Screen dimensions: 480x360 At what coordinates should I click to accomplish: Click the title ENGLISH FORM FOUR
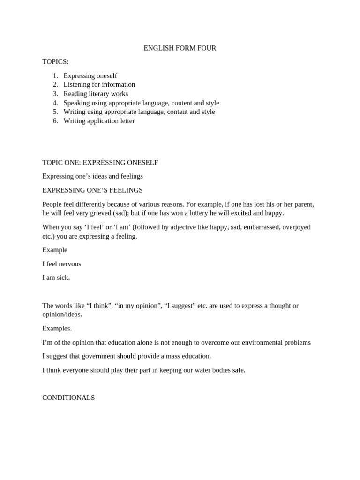pyautogui.click(x=180, y=48)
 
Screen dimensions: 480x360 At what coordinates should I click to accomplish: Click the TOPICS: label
pyautogui.click(x=55, y=62)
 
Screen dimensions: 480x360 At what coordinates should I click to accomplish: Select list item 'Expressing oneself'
pyautogui.click(x=90, y=76)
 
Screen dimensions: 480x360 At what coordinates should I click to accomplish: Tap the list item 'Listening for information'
pyautogui.click(x=99, y=85)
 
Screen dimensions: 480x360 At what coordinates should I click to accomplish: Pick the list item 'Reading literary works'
pyautogui.click(x=96, y=94)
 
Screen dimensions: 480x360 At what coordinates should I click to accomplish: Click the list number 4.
pyautogui.click(x=55, y=103)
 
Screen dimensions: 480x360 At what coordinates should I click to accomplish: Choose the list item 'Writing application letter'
pyautogui.click(x=99, y=121)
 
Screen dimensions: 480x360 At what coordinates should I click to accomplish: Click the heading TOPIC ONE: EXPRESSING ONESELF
pyautogui.click(x=100, y=163)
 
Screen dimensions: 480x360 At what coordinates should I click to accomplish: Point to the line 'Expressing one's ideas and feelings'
pyautogui.click(x=92, y=176)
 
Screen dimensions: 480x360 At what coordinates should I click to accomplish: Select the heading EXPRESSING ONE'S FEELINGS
pyautogui.click(x=92, y=190)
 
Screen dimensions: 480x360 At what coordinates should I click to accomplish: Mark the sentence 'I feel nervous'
pyautogui.click(x=61, y=264)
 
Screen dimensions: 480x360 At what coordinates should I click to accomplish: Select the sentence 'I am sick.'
pyautogui.click(x=56, y=277)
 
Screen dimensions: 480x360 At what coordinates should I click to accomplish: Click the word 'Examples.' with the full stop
pyautogui.click(x=57, y=329)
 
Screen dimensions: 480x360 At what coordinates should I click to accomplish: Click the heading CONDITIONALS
pyautogui.click(x=68, y=398)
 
